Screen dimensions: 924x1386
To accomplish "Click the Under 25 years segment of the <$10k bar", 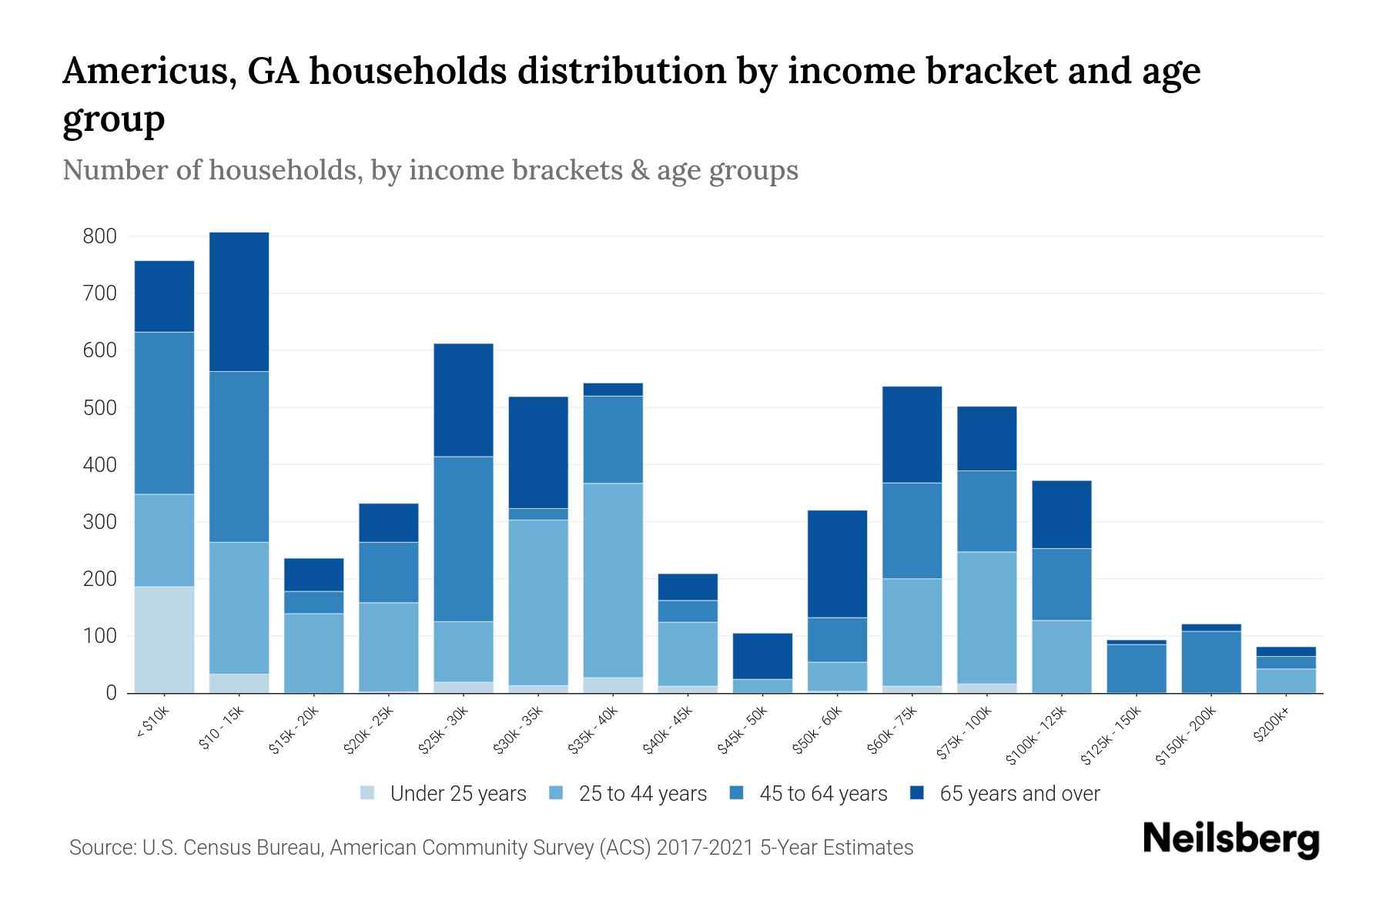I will tap(164, 639).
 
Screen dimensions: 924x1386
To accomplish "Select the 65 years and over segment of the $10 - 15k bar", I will tap(239, 302).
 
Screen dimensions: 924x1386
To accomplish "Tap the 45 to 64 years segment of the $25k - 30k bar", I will tap(463, 539).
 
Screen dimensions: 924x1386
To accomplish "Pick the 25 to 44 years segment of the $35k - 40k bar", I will tap(613, 580).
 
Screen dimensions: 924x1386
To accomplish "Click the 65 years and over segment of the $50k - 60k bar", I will tap(837, 564).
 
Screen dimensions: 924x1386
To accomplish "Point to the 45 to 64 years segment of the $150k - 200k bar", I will tap(1211, 661).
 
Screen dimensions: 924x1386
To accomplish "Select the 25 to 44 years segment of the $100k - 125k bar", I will tap(1062, 656).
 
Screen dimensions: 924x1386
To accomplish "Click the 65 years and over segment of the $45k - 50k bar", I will tap(762, 656).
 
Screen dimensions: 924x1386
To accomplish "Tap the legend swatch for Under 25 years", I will tap(368, 793).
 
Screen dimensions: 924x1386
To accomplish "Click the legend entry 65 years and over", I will tap(1019, 794).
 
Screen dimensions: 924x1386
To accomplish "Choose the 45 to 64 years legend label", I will tap(822, 794).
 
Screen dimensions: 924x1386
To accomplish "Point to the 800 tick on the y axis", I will tap(100, 236).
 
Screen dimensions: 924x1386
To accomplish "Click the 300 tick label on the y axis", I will tap(100, 522).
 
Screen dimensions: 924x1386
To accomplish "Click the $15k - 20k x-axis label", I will tap(293, 731).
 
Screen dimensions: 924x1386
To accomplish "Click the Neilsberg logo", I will tap(1230, 839).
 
